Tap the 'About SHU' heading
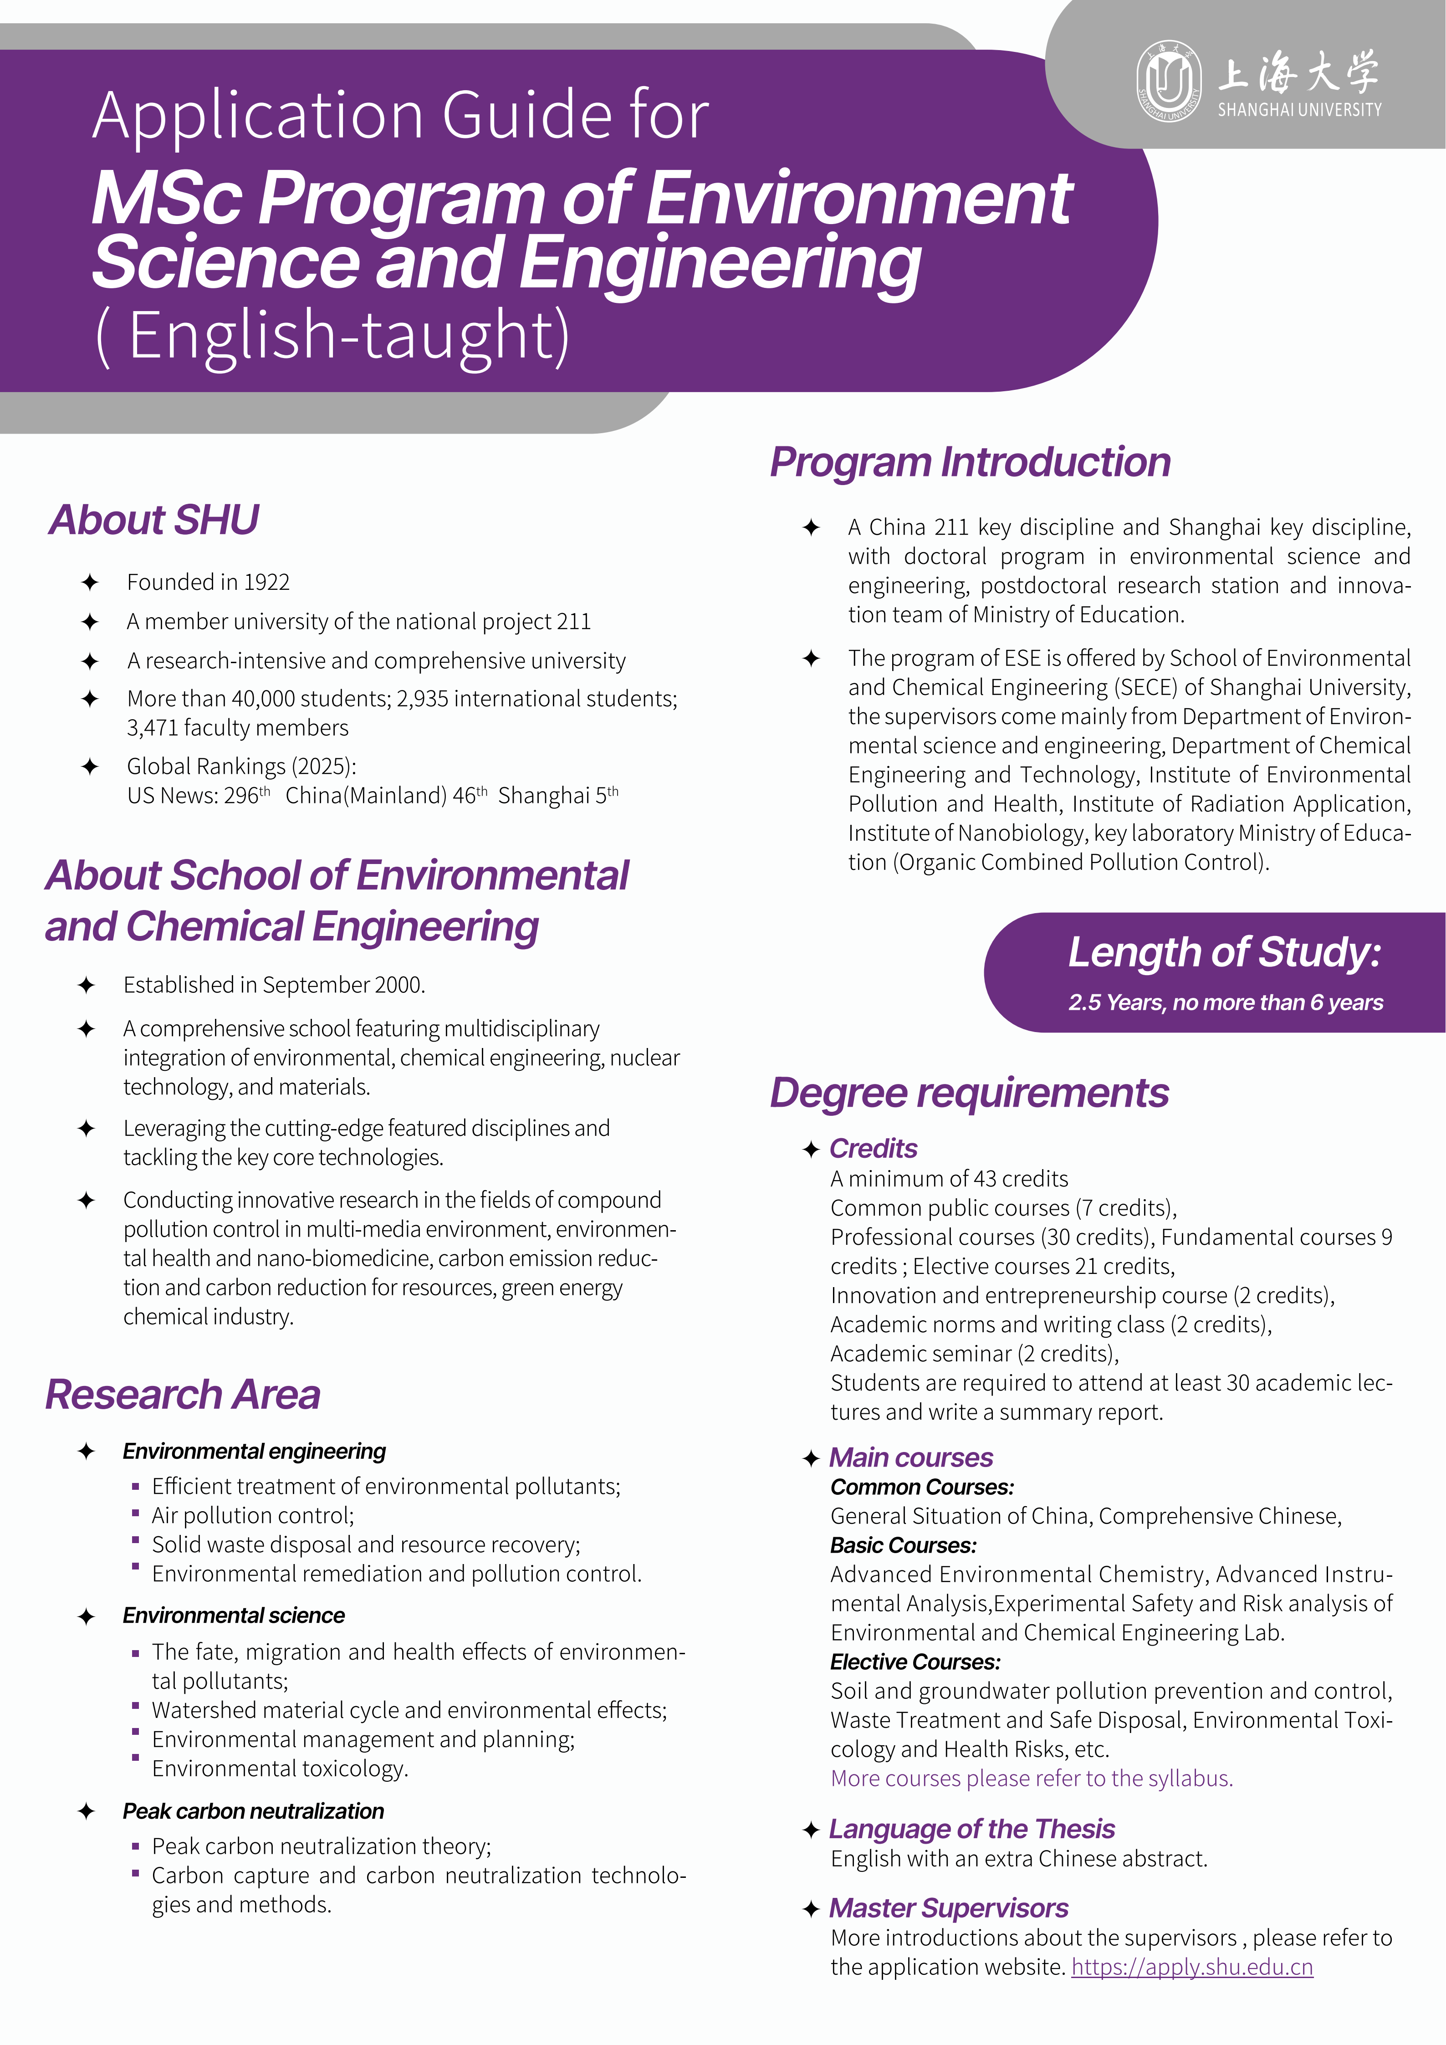pos(154,520)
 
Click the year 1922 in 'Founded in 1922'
pos(266,583)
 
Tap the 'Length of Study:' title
pos(1224,952)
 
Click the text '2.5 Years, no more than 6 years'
pos(1225,1003)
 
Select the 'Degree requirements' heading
pos(969,1093)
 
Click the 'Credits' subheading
pos(873,1149)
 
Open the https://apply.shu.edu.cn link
pos(1191,1968)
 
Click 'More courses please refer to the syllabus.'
pos(1031,1779)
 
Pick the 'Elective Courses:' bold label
pos(915,1662)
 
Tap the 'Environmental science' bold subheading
pos(233,1616)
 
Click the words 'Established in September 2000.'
pos(274,985)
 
